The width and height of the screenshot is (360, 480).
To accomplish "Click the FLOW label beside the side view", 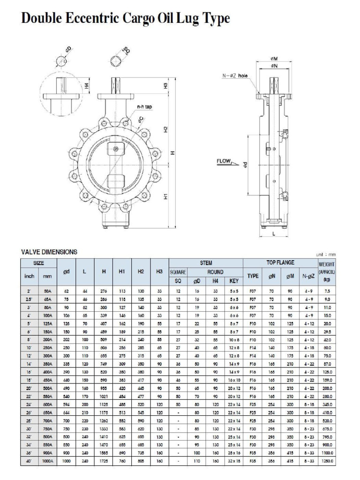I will pos(224,161).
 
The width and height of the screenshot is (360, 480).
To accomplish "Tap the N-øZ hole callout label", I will pos(235,75).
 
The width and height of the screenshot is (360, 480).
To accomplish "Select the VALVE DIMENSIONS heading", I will pos(49,252).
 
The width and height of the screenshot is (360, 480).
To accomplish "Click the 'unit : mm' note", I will pos(327,255).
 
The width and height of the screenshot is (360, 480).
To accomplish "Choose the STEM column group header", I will pos(206,263).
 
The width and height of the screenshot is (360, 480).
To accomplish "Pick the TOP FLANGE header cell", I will pos(280,263).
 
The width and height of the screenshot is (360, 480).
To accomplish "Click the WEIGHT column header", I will pos(327,264).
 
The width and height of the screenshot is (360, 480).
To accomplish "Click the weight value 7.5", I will pos(327,291).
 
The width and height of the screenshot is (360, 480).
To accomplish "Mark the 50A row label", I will pos(48,291).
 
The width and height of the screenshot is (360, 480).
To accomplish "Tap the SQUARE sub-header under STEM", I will pos(178,272).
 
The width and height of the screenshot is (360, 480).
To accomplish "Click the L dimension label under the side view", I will pos(274,234).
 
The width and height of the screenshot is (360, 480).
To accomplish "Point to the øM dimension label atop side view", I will pos(274,59).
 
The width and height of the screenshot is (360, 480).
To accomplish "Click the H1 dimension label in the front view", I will pos(166,197).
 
